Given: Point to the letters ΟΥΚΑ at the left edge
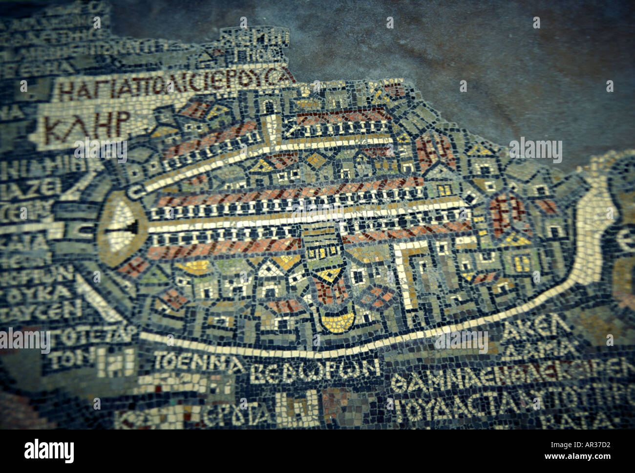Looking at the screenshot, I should [x=49, y=292].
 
